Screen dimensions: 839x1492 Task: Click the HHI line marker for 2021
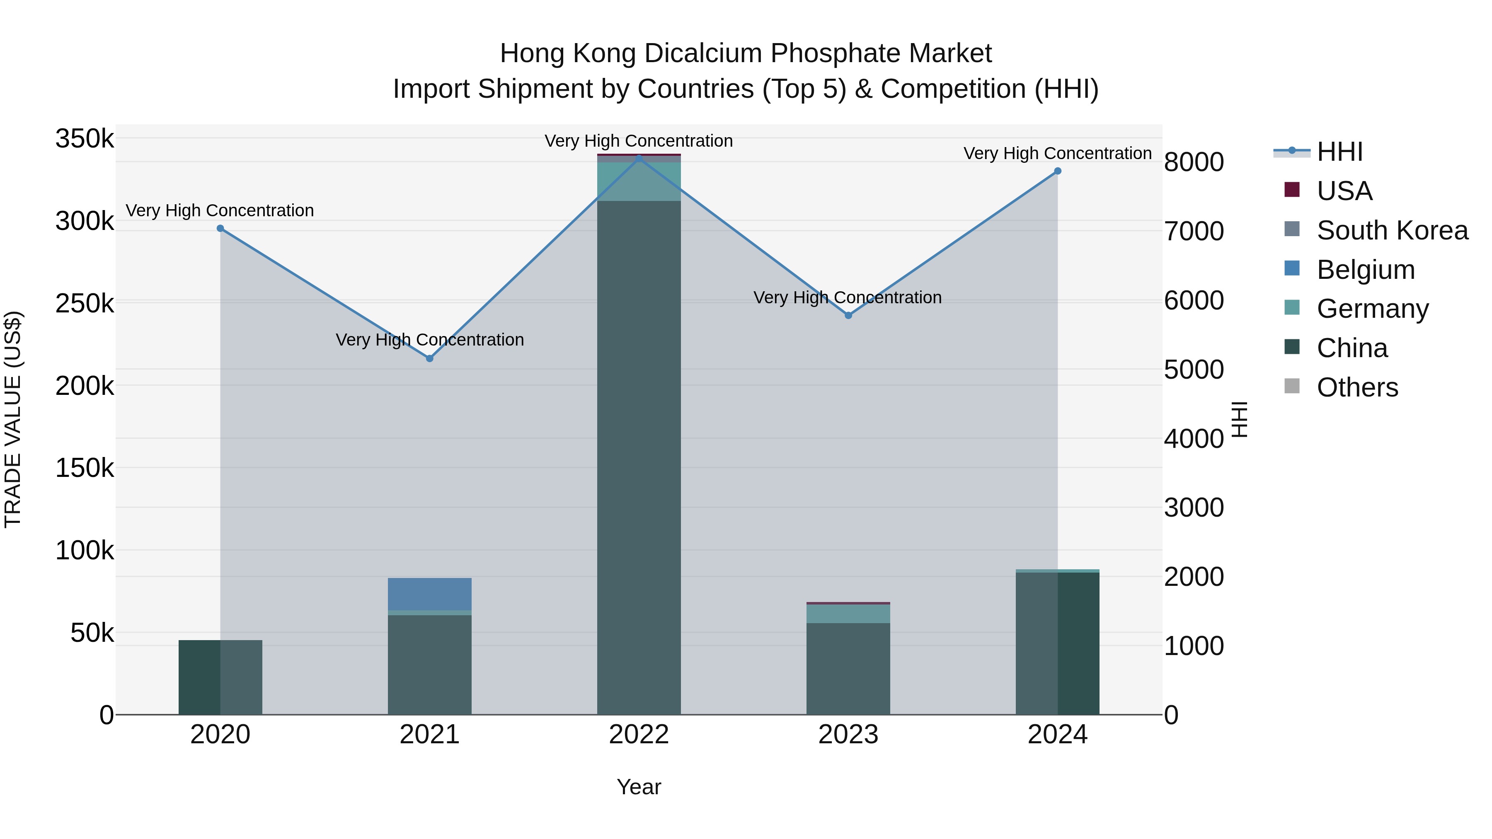429,358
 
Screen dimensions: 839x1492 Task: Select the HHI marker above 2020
220,228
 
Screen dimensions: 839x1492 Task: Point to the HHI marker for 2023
848,316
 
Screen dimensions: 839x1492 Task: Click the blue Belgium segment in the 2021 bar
429,593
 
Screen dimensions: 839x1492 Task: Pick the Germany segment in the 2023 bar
848,614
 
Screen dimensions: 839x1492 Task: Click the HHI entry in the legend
1339,152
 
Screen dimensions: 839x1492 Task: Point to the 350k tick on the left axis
85,139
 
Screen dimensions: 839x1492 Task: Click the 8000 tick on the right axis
1194,162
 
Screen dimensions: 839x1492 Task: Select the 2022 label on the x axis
638,735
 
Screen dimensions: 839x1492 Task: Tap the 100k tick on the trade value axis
85,551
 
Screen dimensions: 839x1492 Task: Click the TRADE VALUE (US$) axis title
13,419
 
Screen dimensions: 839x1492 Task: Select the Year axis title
638,787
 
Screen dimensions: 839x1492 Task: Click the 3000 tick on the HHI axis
1194,508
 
